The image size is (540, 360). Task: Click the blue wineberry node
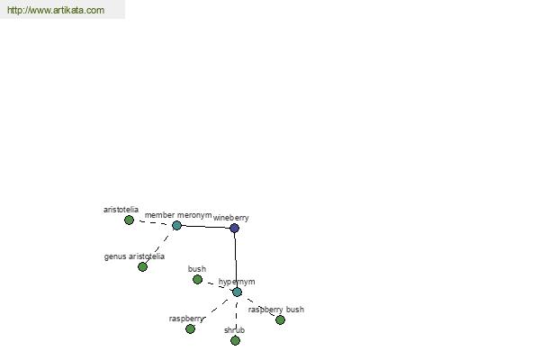pos(234,228)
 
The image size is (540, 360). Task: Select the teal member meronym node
pos(176,225)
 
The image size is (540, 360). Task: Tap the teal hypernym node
pos(237,292)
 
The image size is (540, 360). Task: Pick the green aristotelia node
pos(129,220)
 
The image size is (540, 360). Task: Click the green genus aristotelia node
pos(142,266)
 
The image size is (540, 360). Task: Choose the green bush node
pos(197,279)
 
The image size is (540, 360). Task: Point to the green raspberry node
pos(190,328)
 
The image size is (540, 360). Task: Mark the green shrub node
pos(235,341)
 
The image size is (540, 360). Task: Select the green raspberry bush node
pos(280,320)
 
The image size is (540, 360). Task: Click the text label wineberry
pos(230,218)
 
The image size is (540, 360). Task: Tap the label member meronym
pos(178,215)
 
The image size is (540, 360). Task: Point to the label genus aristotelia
pos(134,256)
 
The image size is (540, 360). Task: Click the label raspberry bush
pos(276,310)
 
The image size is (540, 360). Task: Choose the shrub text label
pos(234,330)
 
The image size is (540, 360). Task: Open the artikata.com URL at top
pos(56,10)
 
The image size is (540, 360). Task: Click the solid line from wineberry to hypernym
pos(236,260)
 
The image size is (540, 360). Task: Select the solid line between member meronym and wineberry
pos(205,227)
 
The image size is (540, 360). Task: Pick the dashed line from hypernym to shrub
pos(236,316)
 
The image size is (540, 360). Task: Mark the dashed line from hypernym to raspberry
pos(213,310)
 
